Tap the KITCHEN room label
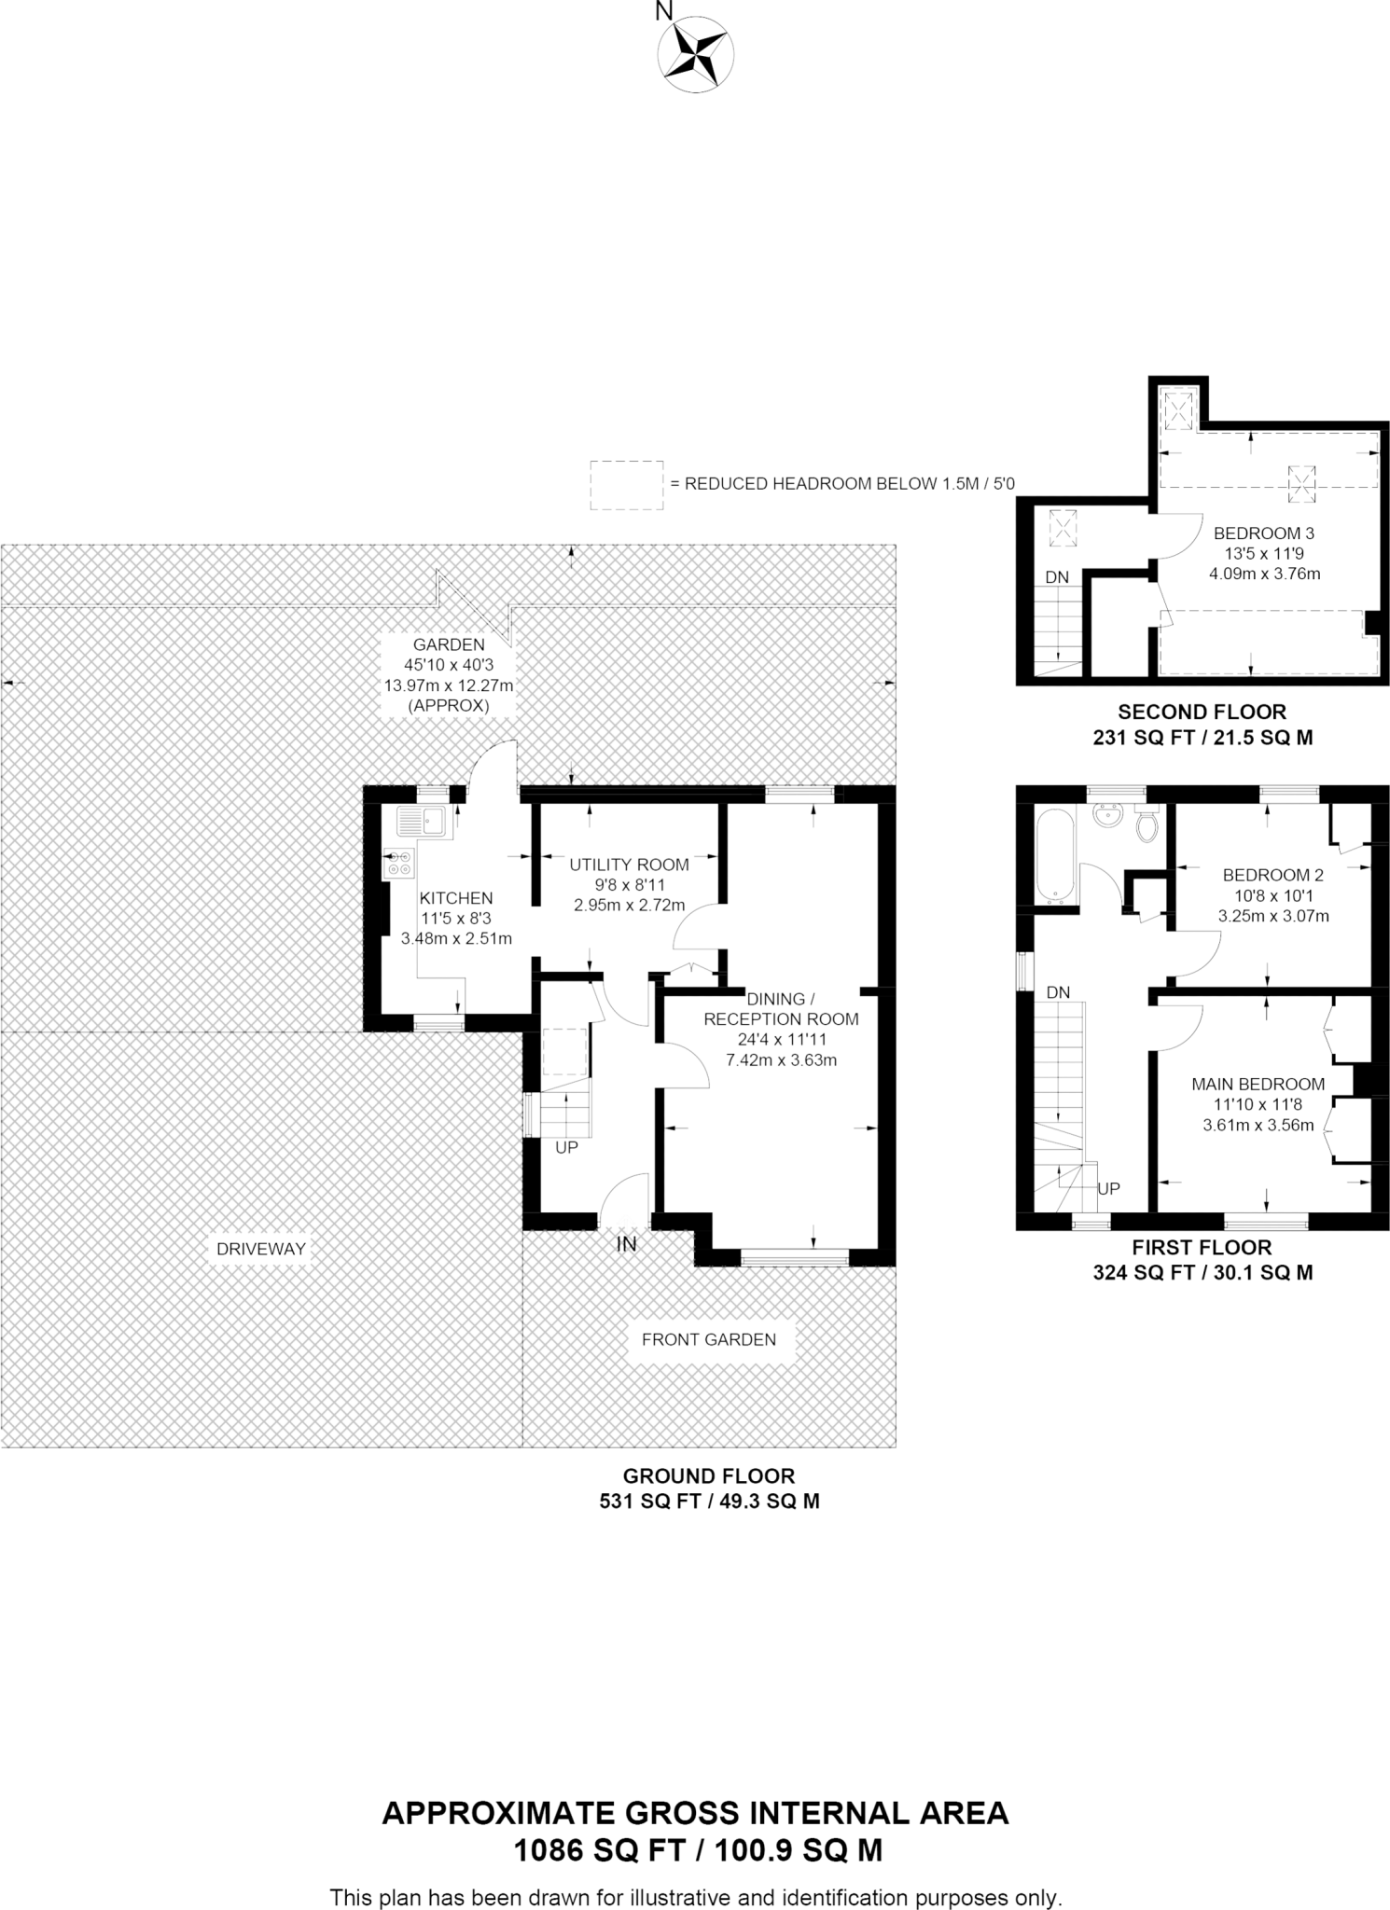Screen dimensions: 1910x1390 point(455,898)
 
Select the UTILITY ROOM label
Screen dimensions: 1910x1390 point(629,865)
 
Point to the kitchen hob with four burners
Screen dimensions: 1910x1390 point(400,864)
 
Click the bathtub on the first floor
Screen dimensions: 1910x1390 point(1056,856)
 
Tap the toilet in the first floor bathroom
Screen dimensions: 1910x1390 point(1147,824)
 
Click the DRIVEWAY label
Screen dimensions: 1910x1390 point(261,1249)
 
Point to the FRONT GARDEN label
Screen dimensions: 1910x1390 point(708,1339)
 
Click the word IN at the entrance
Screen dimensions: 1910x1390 point(626,1243)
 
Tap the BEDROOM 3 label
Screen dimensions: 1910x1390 point(1263,533)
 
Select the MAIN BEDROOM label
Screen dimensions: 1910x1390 point(1258,1084)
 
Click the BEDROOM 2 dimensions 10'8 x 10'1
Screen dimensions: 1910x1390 point(1272,895)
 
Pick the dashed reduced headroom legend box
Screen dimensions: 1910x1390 point(626,484)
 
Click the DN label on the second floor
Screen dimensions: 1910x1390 point(1056,577)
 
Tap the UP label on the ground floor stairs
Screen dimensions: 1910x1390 point(566,1148)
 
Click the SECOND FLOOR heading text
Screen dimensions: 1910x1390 point(1202,712)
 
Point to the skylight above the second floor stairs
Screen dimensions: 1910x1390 point(1062,529)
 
